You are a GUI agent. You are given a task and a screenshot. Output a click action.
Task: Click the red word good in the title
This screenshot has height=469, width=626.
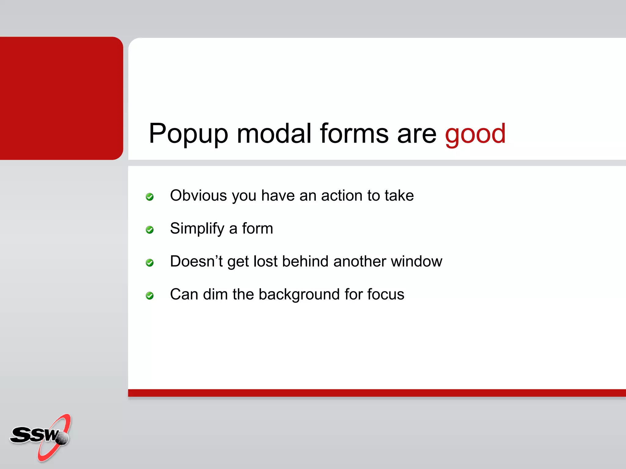tap(475, 134)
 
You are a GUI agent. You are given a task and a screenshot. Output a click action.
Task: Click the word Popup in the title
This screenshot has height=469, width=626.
tap(188, 134)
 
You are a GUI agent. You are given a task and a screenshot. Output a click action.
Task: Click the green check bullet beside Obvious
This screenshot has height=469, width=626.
tap(149, 197)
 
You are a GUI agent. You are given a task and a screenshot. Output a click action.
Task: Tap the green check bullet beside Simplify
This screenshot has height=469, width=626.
tap(149, 230)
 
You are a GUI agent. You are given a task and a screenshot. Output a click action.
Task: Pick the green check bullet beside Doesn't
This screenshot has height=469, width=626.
tap(149, 263)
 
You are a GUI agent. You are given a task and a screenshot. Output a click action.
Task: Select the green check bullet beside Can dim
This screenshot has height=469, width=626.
tap(149, 296)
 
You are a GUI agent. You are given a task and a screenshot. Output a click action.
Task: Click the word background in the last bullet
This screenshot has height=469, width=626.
tap(299, 295)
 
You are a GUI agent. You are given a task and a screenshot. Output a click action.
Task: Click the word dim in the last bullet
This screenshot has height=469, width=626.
tap(215, 294)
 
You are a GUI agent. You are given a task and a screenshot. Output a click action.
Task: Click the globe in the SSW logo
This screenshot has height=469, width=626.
tap(63, 438)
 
